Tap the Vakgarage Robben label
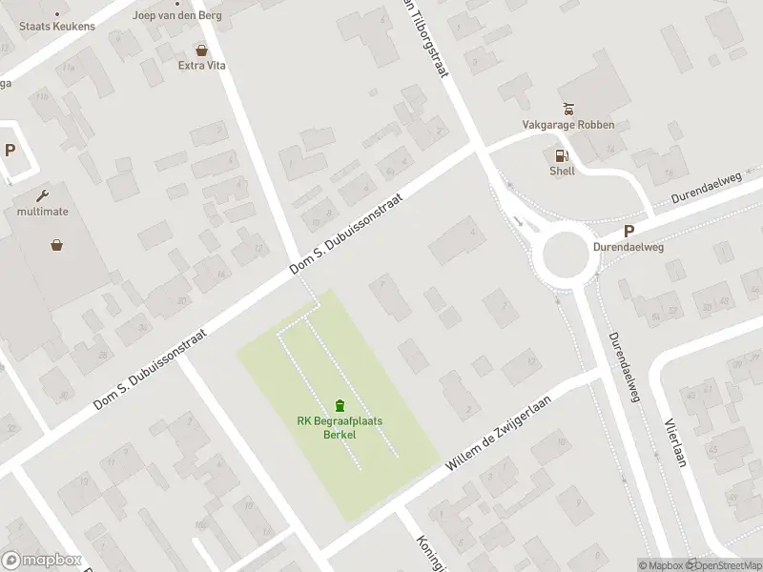tap(568, 125)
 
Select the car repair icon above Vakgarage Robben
tap(568, 108)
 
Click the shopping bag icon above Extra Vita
tap(201, 50)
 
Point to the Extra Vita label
tap(201, 66)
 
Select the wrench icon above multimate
tap(43, 195)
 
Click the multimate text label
tap(43, 212)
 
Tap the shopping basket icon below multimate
tap(57, 245)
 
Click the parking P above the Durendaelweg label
tap(629, 231)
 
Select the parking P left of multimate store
tap(10, 150)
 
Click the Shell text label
tap(562, 173)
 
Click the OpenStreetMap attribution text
tap(726, 565)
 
